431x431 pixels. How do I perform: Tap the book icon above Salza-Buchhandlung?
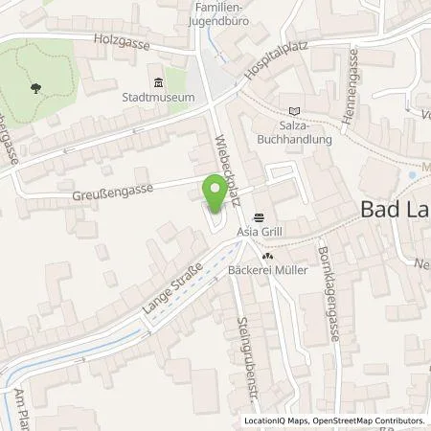coord(293,111)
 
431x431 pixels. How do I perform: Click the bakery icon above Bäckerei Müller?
coord(269,256)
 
